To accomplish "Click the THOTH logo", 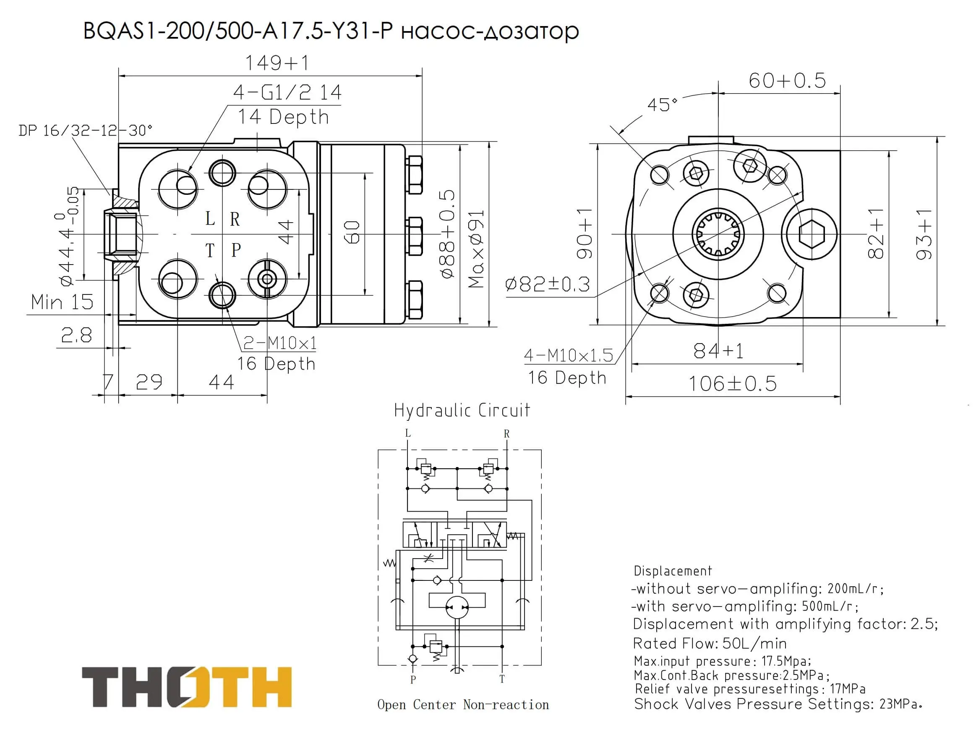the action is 187,687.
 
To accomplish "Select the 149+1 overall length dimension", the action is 277,63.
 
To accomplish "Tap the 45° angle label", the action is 662,105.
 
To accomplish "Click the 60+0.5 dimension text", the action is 787,80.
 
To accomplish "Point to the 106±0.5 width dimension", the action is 733,383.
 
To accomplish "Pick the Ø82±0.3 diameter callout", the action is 548,284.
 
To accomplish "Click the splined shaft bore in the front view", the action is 718,234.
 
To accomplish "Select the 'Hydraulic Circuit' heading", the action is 462,410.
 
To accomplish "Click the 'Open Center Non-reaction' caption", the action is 463,705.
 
